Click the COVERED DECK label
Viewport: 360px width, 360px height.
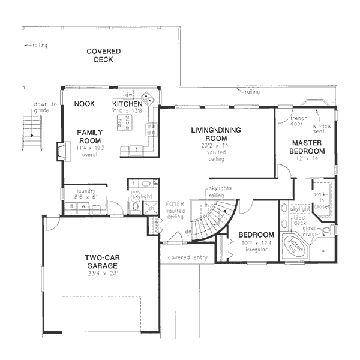tap(103, 55)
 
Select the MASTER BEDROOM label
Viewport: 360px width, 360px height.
tap(308, 147)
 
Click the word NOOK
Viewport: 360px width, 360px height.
tap(85, 104)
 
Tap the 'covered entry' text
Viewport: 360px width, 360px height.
tap(188, 257)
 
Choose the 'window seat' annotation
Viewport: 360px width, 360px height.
tap(322, 130)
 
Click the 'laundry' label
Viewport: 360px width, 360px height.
tap(82, 190)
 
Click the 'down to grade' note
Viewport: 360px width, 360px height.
tap(47, 107)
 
